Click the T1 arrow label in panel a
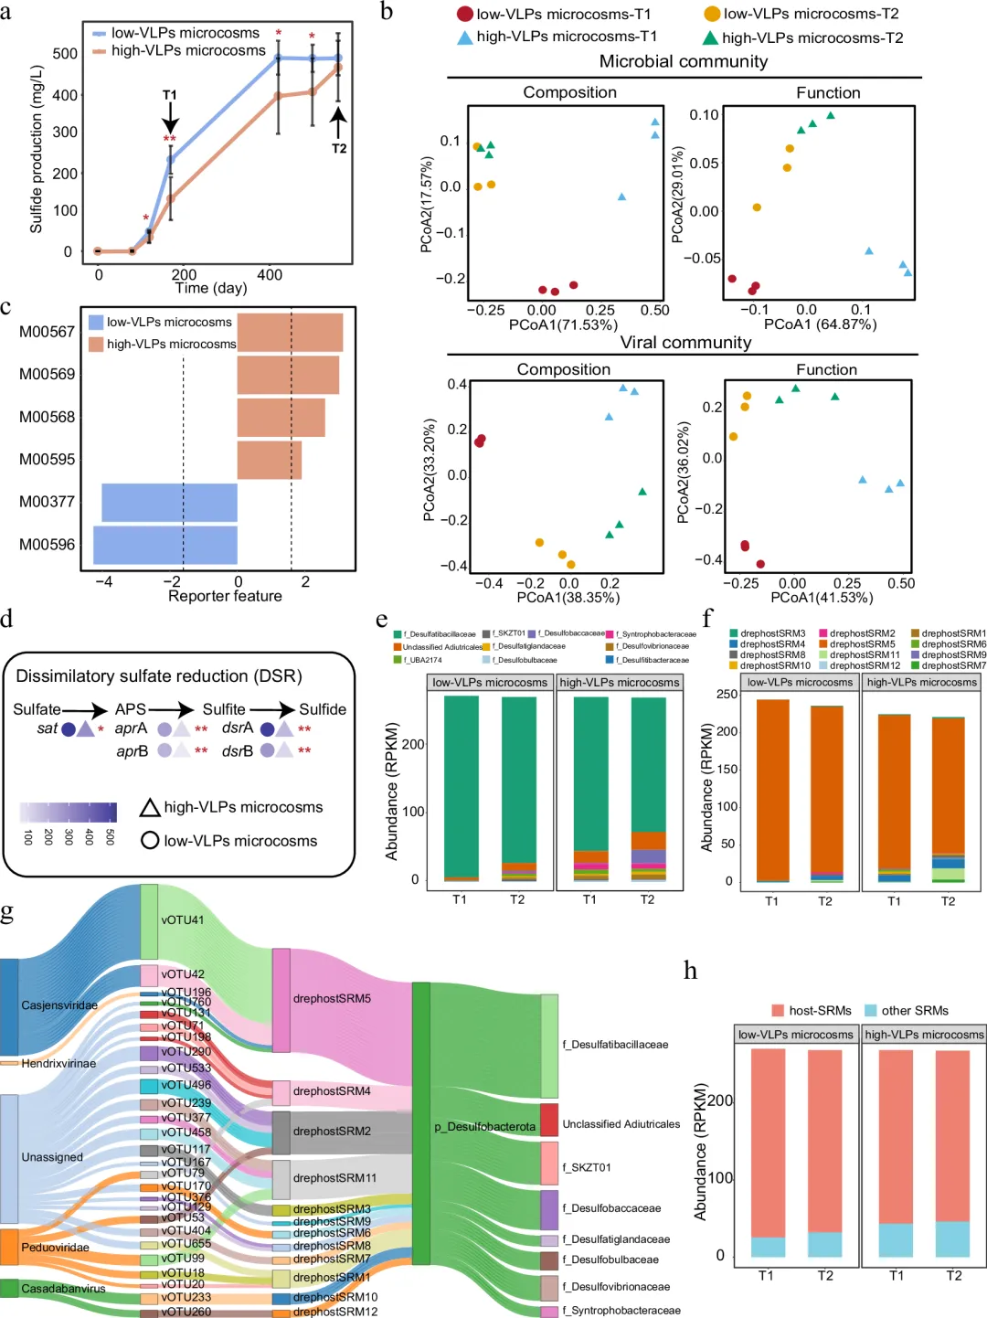pyautogui.click(x=170, y=95)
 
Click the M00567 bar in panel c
pyautogui.click(x=290, y=332)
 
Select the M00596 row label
pyautogui.click(x=48, y=545)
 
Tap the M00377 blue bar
pyautogui.click(x=169, y=503)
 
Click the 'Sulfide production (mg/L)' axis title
pyautogui.click(x=37, y=149)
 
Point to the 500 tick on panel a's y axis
pyautogui.click(x=65, y=54)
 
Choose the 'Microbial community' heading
pyautogui.click(x=684, y=61)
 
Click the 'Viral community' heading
pyautogui.click(x=685, y=342)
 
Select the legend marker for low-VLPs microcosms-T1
pyautogui.click(x=464, y=14)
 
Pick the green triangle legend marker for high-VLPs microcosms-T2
pyautogui.click(x=710, y=37)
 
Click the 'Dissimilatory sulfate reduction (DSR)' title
pyautogui.click(x=159, y=676)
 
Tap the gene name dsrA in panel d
pyautogui.click(x=238, y=728)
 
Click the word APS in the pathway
pyautogui.click(x=130, y=709)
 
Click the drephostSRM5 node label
pyautogui.click(x=332, y=999)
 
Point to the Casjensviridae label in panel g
pyautogui.click(x=59, y=1005)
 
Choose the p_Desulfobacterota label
pyautogui.click(x=484, y=1127)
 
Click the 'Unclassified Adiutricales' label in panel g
pyautogui.click(x=621, y=1124)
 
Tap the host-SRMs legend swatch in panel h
pyautogui.click(x=778, y=1011)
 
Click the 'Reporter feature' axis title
pyautogui.click(x=225, y=596)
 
